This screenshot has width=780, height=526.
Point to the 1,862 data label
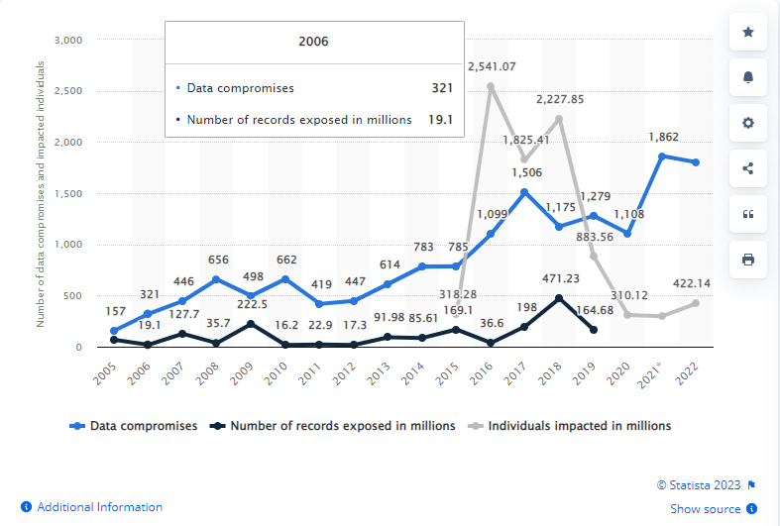pyautogui.click(x=663, y=137)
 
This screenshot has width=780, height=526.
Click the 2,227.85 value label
pyautogui.click(x=560, y=99)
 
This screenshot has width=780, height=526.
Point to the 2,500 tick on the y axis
pyautogui.click(x=67, y=91)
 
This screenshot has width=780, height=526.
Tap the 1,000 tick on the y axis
pyautogui.click(x=67, y=245)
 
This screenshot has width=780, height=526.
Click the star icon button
pyautogui.click(x=747, y=32)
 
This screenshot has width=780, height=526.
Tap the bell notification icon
pyautogui.click(x=747, y=77)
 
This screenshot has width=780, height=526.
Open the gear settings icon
pyautogui.click(x=747, y=123)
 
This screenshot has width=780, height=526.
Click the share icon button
pyautogui.click(x=747, y=168)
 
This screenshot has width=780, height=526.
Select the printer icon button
pyautogui.click(x=747, y=260)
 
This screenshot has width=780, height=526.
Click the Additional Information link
pyautogui.click(x=99, y=507)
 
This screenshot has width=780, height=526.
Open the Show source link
pyautogui.click(x=705, y=509)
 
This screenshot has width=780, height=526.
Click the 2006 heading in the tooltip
pyautogui.click(x=313, y=42)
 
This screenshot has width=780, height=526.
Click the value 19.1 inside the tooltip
pyautogui.click(x=439, y=119)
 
